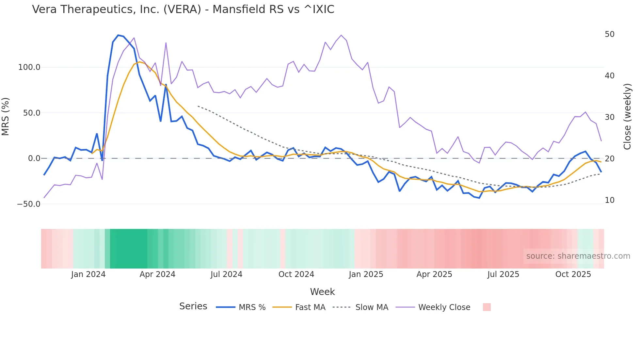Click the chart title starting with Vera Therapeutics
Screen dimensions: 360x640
coord(183,9)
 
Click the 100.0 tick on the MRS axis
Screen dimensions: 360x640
coord(29,67)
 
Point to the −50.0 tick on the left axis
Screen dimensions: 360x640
coord(28,204)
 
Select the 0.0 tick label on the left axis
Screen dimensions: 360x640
coord(34,158)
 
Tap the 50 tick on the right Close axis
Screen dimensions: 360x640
coord(609,34)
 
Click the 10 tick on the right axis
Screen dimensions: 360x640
coord(609,200)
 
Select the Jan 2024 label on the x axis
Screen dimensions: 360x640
coord(88,274)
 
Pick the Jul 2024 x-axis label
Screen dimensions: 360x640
coord(226,274)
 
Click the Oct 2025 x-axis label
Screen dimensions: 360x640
coord(573,274)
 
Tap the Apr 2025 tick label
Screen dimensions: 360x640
coord(434,274)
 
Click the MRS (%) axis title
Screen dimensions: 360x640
coord(6,117)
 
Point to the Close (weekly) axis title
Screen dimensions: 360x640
coord(627,117)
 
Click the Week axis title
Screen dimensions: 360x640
coord(322,292)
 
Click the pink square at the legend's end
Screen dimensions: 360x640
coord(487,307)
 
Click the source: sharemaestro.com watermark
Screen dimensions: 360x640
coord(578,256)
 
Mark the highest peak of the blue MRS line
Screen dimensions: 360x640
coord(118,35)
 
